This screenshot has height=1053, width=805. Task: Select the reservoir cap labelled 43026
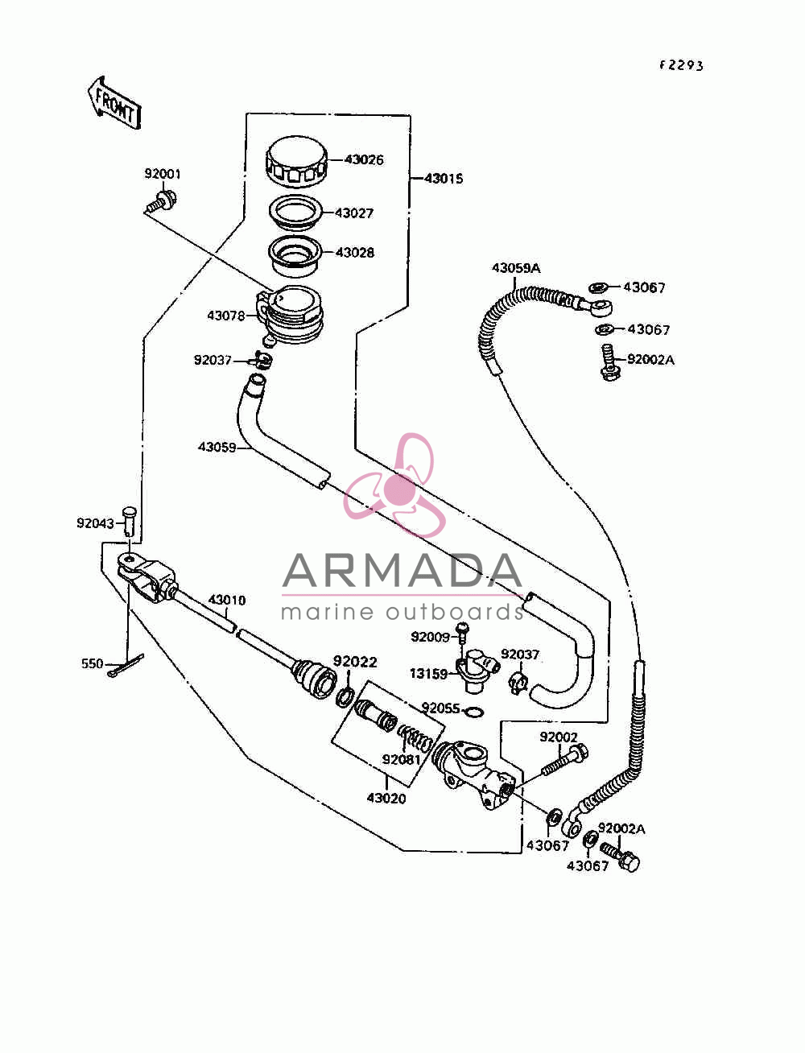coord(296,162)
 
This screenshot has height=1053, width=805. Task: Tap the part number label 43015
coord(444,179)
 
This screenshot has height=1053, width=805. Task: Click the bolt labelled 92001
coord(161,201)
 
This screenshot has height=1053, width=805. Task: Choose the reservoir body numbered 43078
coord(289,315)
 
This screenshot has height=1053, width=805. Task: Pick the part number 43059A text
coord(516,268)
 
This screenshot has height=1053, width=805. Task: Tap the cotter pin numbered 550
coord(125,666)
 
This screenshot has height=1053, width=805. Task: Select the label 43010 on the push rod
coord(226,600)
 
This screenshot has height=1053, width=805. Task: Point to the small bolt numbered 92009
coord(462,633)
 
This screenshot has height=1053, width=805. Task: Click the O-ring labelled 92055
coord(474,712)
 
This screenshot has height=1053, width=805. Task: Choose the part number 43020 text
coord(386,799)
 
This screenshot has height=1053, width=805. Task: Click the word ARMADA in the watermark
coord(402,571)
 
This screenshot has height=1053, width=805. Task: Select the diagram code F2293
coord(681,66)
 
